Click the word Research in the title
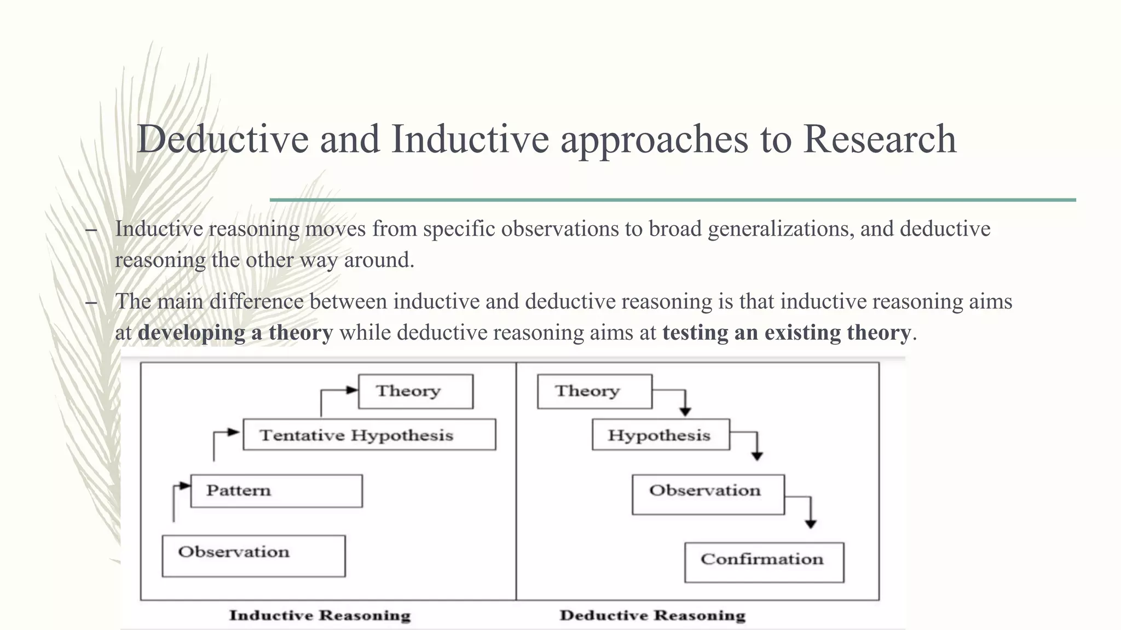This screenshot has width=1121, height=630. point(880,139)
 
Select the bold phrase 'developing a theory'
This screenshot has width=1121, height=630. point(235,332)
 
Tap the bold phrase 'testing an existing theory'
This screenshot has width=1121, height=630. point(787,332)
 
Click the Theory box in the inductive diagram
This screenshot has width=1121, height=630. point(415,391)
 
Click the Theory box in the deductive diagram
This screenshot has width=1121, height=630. point(594,391)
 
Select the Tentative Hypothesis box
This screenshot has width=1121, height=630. point(369,435)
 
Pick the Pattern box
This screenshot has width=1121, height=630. point(276,491)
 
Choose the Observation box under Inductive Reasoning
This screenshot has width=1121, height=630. point(253,555)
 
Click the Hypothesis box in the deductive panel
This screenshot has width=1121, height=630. point(661,435)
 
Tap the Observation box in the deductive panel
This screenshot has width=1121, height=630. point(708,494)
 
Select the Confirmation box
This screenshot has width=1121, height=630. point(764,562)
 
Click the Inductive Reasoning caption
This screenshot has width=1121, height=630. point(320,615)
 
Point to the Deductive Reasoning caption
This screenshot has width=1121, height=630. point(652,615)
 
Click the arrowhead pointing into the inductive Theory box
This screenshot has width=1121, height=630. point(351,390)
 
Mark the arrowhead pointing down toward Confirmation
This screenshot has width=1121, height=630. point(811,524)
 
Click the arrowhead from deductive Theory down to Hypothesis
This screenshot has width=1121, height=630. point(685,412)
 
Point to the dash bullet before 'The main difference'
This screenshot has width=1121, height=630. point(91,302)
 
